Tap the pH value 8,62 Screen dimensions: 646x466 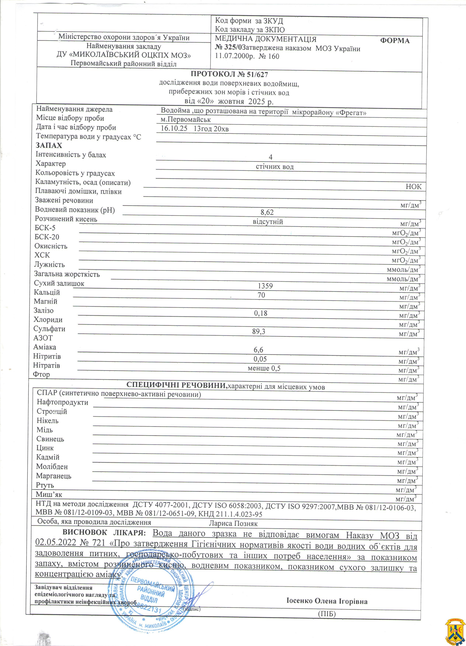[x=267, y=212]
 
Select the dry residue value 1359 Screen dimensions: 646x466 [x=265, y=286]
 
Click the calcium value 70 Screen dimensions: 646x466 [x=261, y=295]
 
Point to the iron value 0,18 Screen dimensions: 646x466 [x=261, y=313]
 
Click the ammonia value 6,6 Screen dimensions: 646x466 [x=258, y=350]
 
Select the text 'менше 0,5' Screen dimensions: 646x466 [x=264, y=368]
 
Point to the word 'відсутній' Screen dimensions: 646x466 [x=268, y=222]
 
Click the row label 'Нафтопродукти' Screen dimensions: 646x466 [x=62, y=402]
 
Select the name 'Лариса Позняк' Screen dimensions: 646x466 [x=233, y=524]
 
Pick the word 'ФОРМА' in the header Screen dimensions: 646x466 [x=395, y=41]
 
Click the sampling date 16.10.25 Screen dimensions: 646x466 [x=174, y=128]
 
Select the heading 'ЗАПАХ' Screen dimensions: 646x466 [x=49, y=146]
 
